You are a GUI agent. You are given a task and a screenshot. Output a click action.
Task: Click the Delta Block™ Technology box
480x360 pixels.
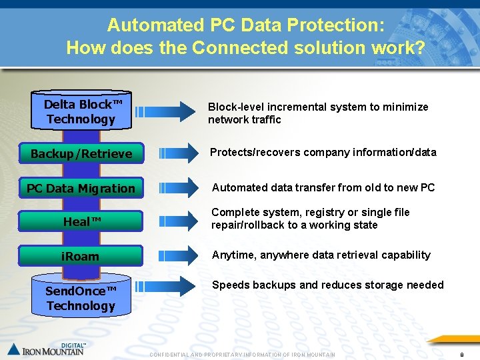[81, 111]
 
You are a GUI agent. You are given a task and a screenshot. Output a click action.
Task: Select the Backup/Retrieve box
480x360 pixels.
[81, 154]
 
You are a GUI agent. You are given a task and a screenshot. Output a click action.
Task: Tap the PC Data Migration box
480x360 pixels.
[81, 189]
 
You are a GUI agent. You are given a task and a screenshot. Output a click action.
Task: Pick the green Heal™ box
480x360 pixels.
[81, 221]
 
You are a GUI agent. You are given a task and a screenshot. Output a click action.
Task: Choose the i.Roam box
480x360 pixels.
[81, 256]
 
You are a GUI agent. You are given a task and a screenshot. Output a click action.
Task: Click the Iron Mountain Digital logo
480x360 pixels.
[47, 349]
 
